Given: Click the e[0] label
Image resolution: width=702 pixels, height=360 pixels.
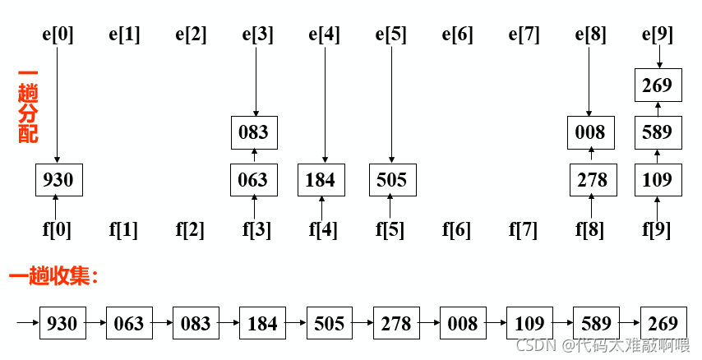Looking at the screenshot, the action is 58,35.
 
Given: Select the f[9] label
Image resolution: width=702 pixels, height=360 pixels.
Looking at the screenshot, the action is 656,230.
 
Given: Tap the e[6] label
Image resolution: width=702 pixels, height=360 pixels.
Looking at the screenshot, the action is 458,35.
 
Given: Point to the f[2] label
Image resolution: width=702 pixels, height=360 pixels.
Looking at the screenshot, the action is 191,230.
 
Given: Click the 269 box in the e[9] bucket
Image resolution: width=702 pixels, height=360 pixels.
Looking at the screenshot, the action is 657,85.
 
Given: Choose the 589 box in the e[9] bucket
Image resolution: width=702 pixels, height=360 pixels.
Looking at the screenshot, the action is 657,132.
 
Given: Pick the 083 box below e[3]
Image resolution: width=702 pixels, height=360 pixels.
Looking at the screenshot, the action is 254,132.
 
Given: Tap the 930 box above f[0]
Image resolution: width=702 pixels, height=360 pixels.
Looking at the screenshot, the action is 58,179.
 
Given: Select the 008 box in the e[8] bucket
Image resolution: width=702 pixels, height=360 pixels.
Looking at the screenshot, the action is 589,132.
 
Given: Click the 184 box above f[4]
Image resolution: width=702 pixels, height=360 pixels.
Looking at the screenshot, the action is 321,179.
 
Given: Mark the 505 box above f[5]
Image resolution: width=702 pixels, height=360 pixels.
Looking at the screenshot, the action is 391,179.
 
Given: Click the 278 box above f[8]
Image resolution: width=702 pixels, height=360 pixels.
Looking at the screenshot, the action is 590,179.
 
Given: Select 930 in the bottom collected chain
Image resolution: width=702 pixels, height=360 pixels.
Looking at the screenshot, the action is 62,323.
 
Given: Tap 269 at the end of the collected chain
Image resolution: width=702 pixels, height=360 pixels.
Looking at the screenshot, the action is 663,323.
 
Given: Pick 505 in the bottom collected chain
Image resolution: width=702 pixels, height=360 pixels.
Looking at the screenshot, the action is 329,323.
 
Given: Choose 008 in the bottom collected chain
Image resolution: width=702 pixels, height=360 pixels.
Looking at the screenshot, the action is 463,323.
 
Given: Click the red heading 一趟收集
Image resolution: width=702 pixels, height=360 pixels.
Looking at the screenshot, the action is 53,276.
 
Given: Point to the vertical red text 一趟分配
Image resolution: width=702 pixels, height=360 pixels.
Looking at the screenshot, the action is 28,108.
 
